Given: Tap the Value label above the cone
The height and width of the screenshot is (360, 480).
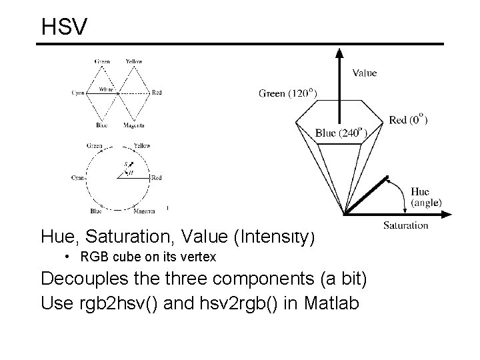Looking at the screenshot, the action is tap(364, 73).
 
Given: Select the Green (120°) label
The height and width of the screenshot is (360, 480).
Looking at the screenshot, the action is tap(288, 93).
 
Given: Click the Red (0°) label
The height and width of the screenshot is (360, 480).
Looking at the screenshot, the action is tap(408, 120).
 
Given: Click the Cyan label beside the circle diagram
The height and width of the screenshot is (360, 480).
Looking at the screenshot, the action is tap(79, 178).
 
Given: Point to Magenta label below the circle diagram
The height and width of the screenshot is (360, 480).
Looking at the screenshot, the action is tap(144, 211).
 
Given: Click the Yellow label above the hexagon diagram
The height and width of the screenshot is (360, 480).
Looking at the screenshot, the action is tap(133, 61).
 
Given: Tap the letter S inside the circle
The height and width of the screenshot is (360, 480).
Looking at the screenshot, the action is tap(125, 164).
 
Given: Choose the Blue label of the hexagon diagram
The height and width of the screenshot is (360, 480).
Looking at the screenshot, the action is tap(101, 125).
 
